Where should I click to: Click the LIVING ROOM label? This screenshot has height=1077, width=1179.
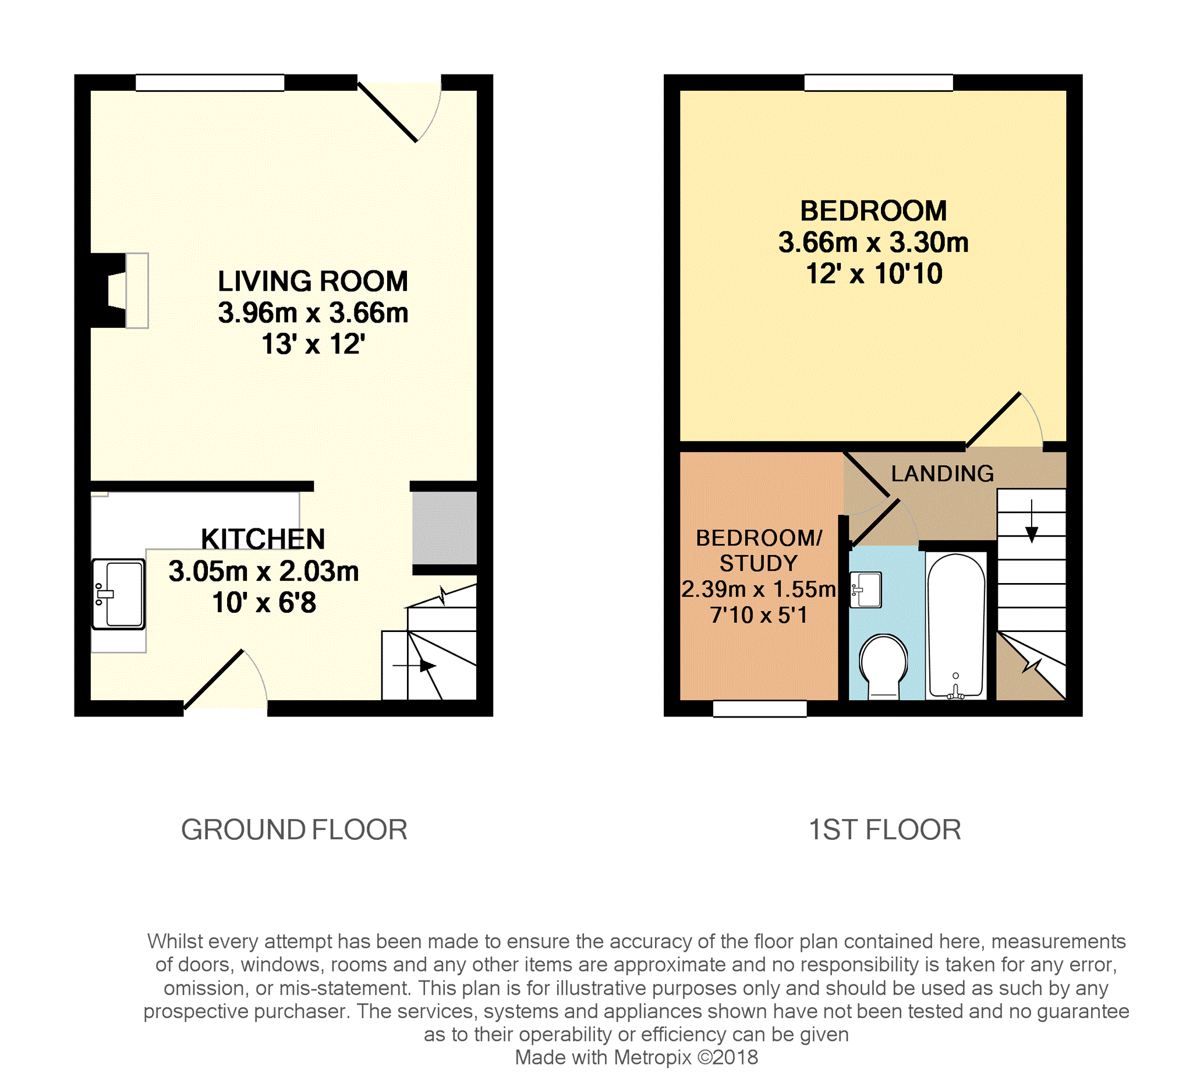click(x=313, y=281)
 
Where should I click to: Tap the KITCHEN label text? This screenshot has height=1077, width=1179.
click(x=263, y=539)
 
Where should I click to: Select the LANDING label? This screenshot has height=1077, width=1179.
click(x=942, y=474)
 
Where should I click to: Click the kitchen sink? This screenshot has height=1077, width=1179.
click(x=118, y=594)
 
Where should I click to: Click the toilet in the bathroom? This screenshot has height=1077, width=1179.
click(x=883, y=667)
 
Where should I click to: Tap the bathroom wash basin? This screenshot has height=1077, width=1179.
click(x=866, y=589)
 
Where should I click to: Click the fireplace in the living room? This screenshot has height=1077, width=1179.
click(x=119, y=290)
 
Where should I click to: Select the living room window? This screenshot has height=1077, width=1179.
click(x=210, y=83)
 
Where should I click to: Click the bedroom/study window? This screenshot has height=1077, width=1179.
click(x=760, y=708)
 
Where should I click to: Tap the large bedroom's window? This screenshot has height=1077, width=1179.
click(x=879, y=83)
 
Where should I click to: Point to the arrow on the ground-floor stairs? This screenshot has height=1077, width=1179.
click(x=414, y=666)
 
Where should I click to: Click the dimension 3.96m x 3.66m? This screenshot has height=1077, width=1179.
click(x=313, y=313)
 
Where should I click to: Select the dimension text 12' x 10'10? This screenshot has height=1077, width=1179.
click(x=874, y=274)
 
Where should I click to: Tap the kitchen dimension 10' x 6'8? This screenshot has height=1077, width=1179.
click(x=264, y=602)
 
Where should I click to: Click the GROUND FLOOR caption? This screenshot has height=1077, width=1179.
click(x=294, y=829)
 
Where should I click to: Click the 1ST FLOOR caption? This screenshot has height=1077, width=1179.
click(x=885, y=829)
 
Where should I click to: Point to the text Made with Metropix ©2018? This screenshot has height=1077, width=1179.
click(x=636, y=1057)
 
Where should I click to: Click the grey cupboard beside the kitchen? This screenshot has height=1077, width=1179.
click(x=444, y=528)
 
